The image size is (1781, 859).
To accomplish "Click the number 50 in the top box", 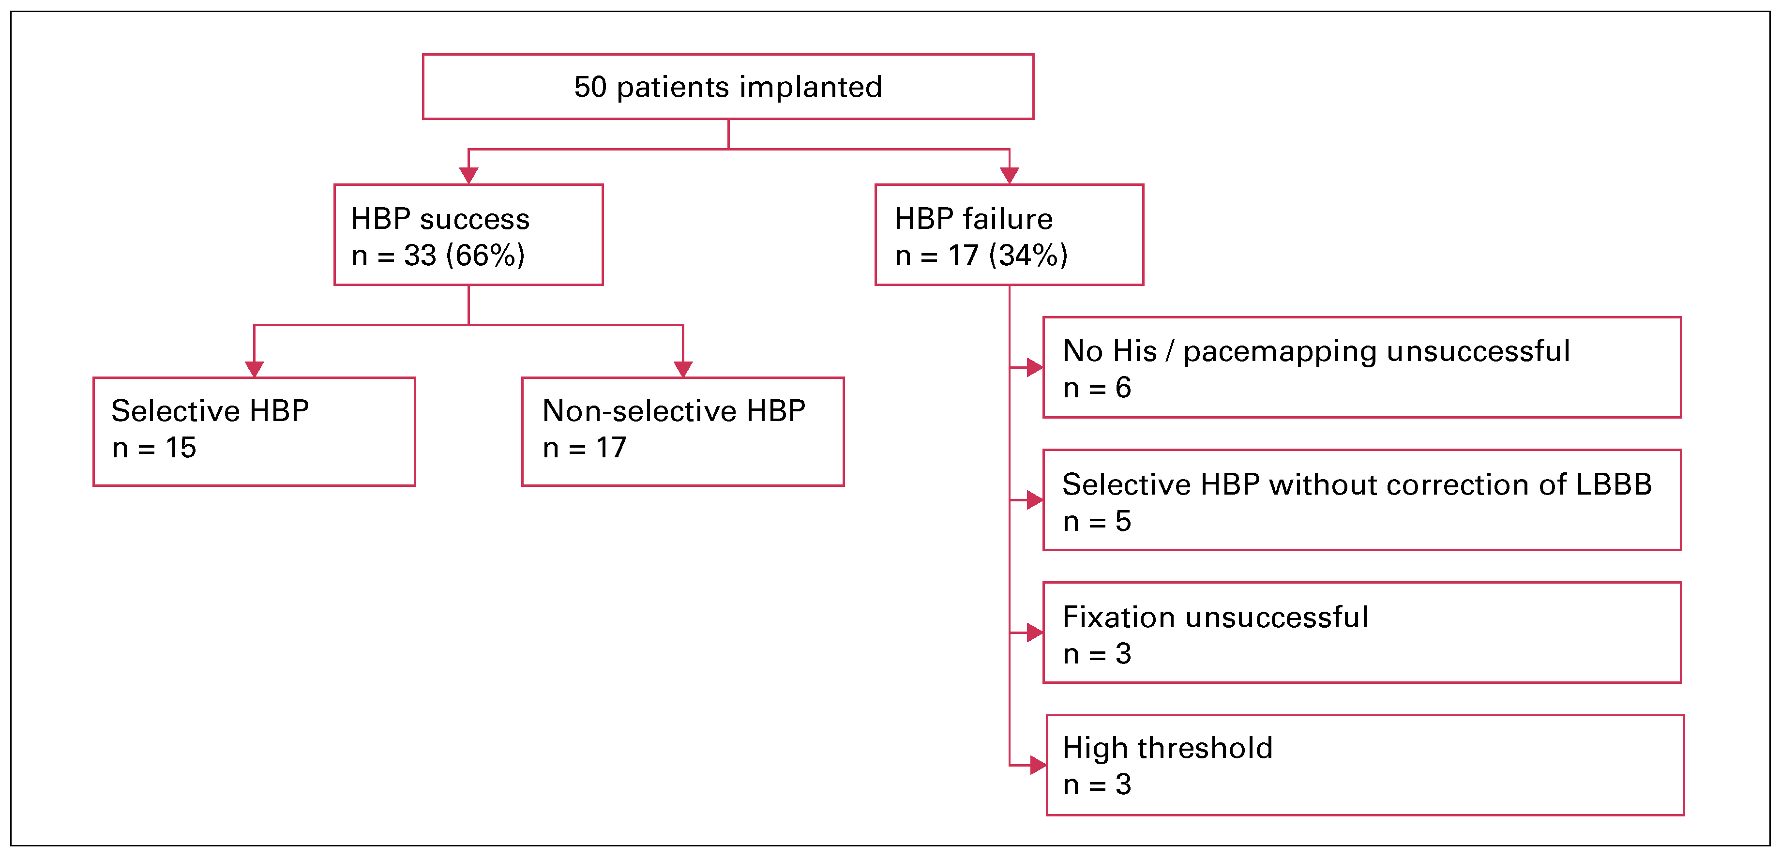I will [590, 87].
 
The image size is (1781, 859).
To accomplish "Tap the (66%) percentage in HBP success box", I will [485, 255].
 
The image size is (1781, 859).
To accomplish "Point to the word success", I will [474, 219].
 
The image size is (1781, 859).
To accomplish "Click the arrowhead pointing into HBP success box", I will [469, 176].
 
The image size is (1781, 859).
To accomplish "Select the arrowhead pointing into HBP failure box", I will [1010, 176].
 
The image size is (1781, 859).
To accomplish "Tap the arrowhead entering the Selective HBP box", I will [255, 369].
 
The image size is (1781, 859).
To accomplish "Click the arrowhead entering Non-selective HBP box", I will [683, 369].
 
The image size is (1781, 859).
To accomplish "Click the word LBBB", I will [1613, 484].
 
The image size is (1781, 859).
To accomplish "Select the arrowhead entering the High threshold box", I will [1037, 765].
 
